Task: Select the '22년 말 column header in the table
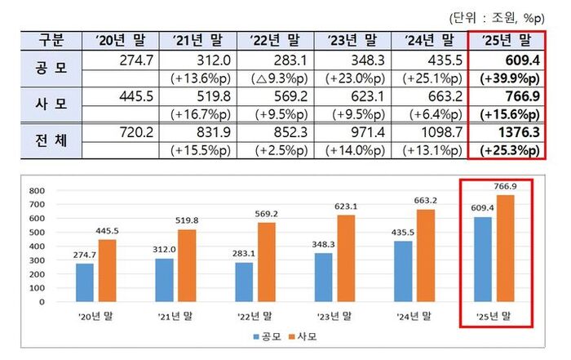[274, 40]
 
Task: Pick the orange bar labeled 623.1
[347, 256]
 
